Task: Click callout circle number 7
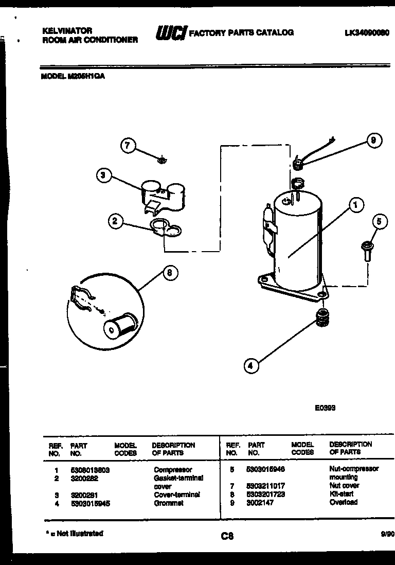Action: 128,146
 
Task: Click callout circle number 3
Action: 103,175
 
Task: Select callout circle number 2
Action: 115,222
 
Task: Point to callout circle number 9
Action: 374,140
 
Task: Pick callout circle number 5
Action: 379,222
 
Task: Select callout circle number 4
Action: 250,366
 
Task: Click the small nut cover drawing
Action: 161,160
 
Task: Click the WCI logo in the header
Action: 171,33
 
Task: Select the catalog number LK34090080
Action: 367,32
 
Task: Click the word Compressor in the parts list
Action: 173,470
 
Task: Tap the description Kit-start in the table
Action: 341,494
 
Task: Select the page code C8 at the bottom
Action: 227,536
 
